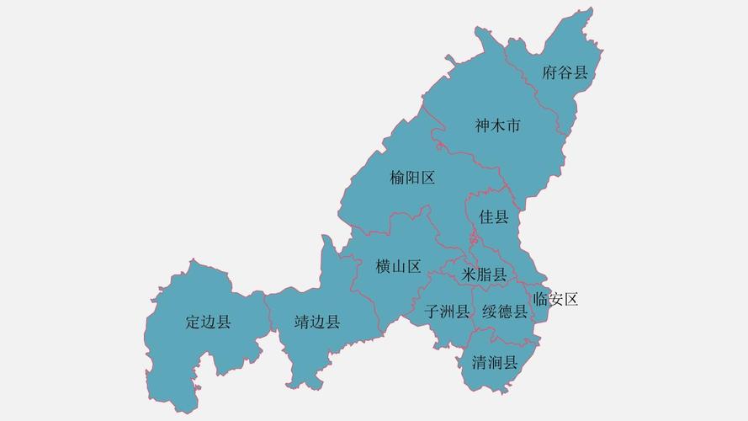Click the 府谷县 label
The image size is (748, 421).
pos(565,72)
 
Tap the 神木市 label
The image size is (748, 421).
pos(497,126)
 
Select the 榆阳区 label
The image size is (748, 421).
pos(412,178)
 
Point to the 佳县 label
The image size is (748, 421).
pos(494,217)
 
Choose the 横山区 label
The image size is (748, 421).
pos(398,267)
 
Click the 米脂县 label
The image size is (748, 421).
pos(484,274)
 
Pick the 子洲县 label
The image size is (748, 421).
pos(447,312)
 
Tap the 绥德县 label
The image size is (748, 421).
pos(505,312)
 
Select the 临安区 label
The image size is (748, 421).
pos(556,299)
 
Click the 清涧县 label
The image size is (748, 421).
pos(495,364)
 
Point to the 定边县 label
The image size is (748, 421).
pos(208,322)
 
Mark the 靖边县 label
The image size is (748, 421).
pos(317,322)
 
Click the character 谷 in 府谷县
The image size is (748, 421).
pos(565,72)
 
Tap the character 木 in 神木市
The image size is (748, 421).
pos(497,126)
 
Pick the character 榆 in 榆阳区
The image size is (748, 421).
pos(397,178)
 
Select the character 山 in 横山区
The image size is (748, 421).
pos(398,267)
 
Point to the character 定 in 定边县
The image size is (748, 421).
pos(193,322)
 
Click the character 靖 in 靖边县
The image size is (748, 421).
pos(302,322)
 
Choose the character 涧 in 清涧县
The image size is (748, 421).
pos(495,364)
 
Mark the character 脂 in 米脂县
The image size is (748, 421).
pos(484,274)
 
